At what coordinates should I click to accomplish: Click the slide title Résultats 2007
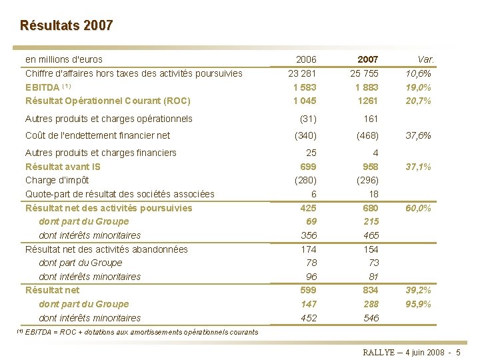point(67,26)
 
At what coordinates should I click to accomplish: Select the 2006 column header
point(306,59)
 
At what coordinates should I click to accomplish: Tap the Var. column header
point(424,59)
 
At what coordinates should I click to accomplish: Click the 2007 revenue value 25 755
point(365,73)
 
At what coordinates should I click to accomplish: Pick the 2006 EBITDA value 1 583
point(304,87)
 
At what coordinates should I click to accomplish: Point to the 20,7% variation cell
point(419,101)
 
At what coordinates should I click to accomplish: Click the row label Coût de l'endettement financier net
point(97,135)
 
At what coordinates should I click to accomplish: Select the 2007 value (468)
point(367,135)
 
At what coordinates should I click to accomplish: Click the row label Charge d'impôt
point(57,180)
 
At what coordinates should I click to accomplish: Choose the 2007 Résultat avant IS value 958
point(370,166)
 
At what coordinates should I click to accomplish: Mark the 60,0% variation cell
point(419,208)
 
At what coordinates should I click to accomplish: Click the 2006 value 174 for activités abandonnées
point(308,249)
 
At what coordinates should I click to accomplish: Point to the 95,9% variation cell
point(419,304)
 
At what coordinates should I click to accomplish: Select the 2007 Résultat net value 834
point(370,290)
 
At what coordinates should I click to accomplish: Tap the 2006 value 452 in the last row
point(308,318)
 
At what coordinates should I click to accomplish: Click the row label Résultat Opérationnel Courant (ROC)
point(108,101)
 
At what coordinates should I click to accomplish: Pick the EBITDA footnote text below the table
point(137,331)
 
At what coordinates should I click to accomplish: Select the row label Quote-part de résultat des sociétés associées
point(120,194)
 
